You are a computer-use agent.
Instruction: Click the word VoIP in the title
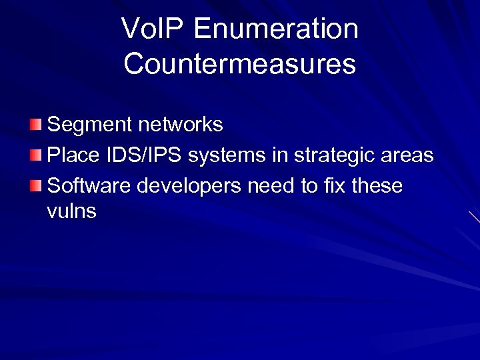tap(151, 29)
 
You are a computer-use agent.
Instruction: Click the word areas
tap(409, 156)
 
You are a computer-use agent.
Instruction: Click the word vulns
tap(71, 212)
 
